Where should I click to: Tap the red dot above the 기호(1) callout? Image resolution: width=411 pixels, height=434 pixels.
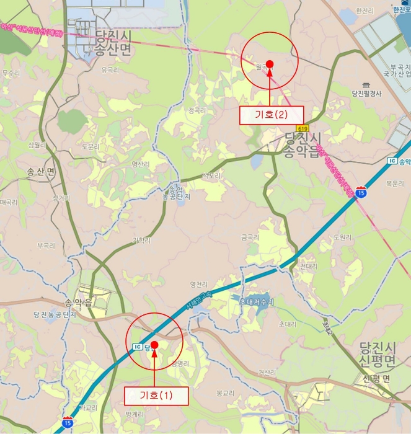154,345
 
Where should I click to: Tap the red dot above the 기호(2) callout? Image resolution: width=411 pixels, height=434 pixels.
270,64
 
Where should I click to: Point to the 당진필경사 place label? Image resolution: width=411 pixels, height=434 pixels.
366,94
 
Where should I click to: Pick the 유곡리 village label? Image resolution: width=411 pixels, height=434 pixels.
109,71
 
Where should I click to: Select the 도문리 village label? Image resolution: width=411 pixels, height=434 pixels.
91,147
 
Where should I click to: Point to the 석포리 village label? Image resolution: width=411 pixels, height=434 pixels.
211,175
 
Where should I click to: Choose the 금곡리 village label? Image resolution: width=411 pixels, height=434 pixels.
250,237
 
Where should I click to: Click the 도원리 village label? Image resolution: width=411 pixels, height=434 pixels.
342,237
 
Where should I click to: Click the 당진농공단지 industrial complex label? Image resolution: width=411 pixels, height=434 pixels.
55,315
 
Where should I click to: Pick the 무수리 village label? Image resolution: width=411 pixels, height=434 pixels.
11,73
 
